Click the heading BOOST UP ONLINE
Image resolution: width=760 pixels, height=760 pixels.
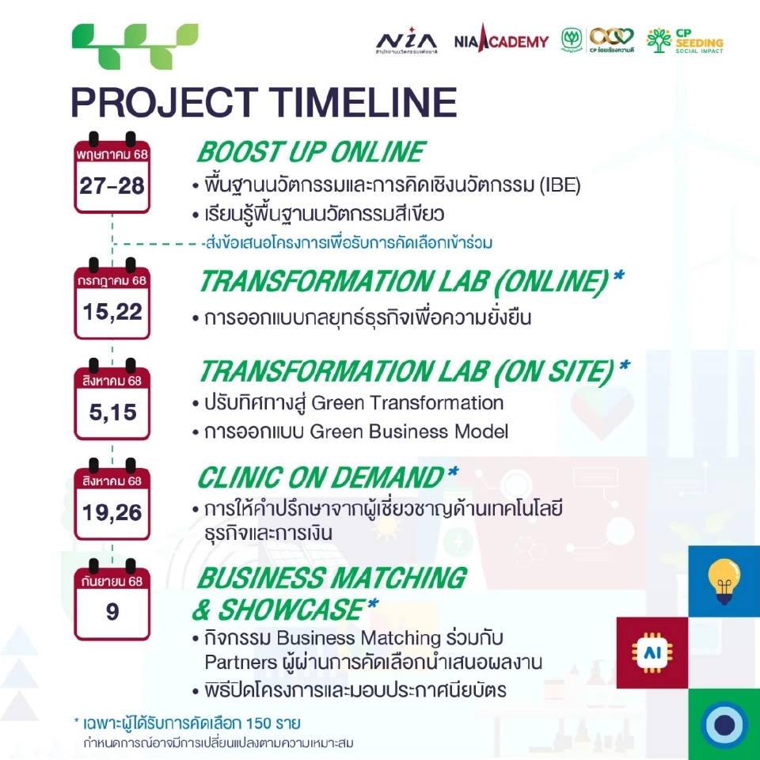(310, 151)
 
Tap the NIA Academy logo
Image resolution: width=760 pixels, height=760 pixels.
(501, 40)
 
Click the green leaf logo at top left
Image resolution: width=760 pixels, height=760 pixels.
(135, 46)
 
